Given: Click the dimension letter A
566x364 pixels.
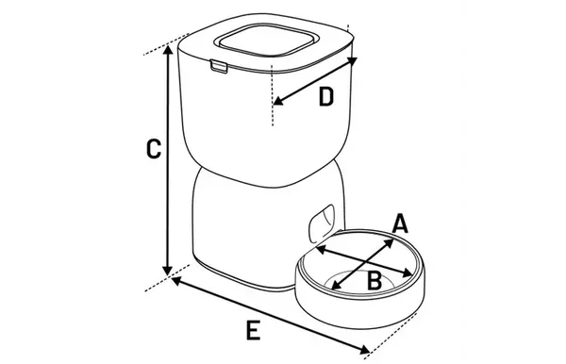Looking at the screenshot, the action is (400, 223).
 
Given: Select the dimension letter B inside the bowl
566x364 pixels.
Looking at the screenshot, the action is (375, 280).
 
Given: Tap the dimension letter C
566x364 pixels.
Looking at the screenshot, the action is (154, 149).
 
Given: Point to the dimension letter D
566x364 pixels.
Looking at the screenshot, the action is (326, 97).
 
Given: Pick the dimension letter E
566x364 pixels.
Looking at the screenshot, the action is (253, 330).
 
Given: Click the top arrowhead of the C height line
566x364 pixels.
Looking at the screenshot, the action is (167, 50).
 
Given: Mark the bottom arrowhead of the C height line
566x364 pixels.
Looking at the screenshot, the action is (167, 271).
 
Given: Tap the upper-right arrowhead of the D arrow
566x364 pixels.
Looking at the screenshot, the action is (352, 61).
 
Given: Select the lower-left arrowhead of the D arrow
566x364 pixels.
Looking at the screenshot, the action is (278, 101).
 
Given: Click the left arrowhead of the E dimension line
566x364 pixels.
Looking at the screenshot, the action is (175, 280).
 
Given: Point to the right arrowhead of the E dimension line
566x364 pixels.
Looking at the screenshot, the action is (365, 349).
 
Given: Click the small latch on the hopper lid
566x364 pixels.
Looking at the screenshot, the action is (219, 66).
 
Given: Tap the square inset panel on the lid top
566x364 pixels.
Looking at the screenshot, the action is (267, 41).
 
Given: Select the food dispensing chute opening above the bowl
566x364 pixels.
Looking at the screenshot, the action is (322, 223).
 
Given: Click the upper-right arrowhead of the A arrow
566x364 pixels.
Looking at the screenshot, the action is (389, 242).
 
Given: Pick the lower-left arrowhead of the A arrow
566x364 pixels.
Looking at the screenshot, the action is (336, 285).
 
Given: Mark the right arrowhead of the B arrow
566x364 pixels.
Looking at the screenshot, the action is (408, 273).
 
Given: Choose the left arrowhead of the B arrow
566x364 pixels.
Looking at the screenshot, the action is (321, 249).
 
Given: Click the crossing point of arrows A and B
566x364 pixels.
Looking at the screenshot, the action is (366, 261).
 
